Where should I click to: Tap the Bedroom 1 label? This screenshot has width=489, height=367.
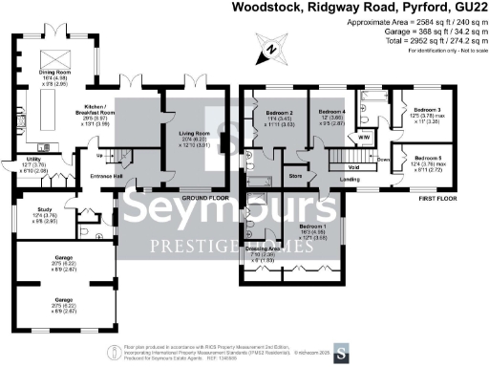click(x=286, y=227)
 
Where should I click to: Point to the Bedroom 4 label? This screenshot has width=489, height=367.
click(x=330, y=113)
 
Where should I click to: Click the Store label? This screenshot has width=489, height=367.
click(x=296, y=176)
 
